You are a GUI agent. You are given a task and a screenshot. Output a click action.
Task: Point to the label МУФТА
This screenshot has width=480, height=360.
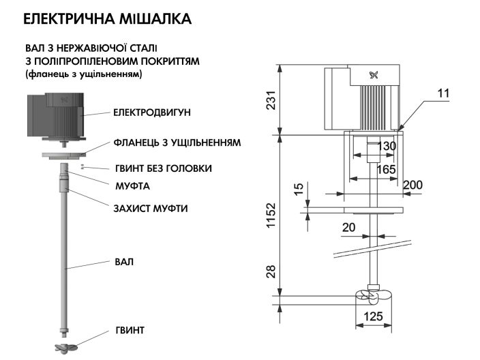(x=132, y=185)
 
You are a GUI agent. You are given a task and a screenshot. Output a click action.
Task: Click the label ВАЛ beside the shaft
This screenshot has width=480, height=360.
(x=123, y=261)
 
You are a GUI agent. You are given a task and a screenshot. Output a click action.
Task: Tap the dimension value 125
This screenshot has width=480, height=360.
(x=372, y=316)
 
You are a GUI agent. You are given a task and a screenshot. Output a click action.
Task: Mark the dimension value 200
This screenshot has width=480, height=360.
(x=412, y=185)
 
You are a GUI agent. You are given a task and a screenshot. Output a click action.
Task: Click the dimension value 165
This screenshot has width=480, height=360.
(x=387, y=168)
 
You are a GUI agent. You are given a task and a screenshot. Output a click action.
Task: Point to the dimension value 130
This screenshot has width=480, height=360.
(x=387, y=147)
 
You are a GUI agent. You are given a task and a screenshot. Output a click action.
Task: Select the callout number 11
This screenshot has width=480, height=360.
(x=443, y=93)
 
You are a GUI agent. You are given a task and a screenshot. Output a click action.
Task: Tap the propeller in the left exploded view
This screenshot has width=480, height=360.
(x=66, y=346)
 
